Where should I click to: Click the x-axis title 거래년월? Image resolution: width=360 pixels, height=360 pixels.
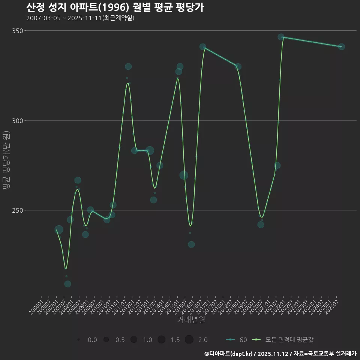(191, 320)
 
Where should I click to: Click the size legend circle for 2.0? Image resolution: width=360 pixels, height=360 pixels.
(189, 340)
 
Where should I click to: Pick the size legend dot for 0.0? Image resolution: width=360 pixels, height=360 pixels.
(78, 340)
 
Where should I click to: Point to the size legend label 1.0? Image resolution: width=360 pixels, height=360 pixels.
(147, 340)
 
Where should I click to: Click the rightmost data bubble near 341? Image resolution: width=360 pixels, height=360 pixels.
(341, 46)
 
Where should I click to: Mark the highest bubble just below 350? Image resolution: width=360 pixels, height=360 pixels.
(281, 37)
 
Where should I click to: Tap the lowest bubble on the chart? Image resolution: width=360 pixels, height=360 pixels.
(67, 284)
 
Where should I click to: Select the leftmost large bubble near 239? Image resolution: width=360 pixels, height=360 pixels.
(59, 229)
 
